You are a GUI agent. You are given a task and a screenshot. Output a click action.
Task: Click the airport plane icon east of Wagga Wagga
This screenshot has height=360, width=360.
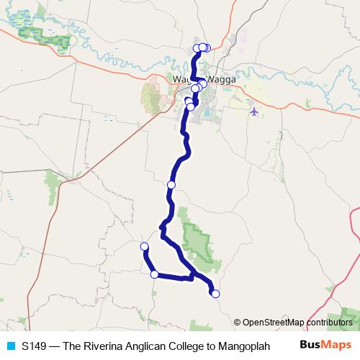coord(253,111)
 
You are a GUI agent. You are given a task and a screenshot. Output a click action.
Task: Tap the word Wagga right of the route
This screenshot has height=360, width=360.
coord(221,79)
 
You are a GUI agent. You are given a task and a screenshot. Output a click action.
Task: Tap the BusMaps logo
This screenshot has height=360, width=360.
coord(325,345)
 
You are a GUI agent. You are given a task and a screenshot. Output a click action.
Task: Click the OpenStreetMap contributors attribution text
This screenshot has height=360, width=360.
coord(297,322)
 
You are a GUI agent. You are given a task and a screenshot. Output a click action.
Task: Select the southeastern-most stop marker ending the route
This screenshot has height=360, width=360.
coord(215,293)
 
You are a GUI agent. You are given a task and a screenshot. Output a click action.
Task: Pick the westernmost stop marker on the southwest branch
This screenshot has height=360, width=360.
coord(144,247)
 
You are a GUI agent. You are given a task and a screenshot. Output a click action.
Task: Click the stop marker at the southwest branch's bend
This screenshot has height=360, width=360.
coord(154,274)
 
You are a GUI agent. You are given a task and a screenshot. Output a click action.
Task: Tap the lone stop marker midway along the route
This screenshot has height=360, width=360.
coord(171,185)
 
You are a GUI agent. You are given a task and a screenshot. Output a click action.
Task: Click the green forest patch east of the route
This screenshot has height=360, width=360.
coord(195,238)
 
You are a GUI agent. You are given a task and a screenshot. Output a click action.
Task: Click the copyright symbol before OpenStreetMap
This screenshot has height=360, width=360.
coord(238,322)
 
